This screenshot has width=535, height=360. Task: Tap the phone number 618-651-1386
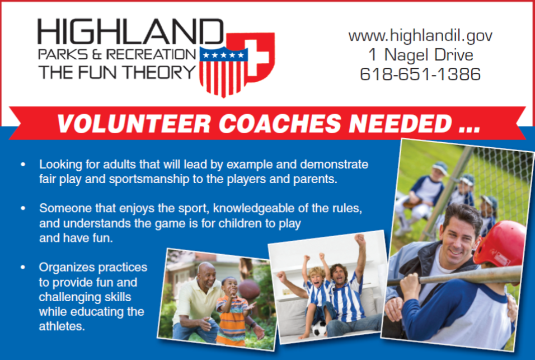click(420, 74)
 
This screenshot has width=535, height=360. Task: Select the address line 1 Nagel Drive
click(421, 55)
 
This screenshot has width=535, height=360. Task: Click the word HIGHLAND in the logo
click(130, 31)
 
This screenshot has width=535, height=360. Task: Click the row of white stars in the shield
click(223, 55)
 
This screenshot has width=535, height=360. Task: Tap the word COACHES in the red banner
click(280, 123)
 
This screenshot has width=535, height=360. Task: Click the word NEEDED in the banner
click(400, 123)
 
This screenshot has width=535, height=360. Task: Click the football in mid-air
click(249, 289)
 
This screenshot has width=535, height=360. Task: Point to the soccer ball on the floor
click(320, 328)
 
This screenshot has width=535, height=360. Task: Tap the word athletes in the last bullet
click(62, 326)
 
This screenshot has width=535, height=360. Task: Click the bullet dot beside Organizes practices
click(23, 267)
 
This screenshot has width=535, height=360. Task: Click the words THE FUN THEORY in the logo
click(117, 72)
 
